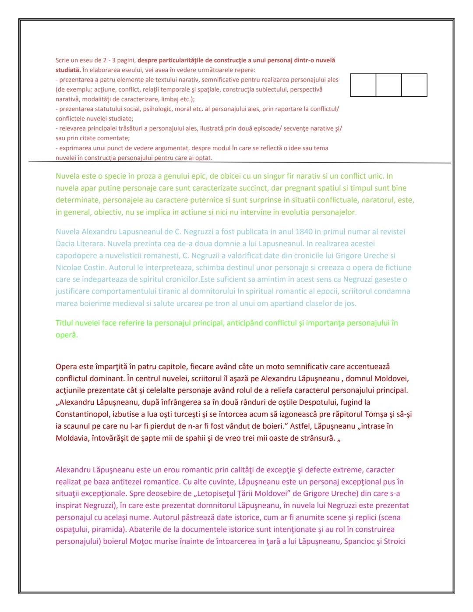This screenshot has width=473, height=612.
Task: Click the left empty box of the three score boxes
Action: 363,85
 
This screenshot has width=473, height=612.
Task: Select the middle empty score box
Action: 388,85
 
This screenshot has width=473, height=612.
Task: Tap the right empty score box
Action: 414,85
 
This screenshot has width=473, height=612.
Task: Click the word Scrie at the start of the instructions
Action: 62,60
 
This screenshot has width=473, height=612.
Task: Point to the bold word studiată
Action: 68,70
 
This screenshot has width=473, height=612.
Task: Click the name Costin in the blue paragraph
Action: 94,268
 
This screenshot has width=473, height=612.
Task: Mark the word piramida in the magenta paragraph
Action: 107,530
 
